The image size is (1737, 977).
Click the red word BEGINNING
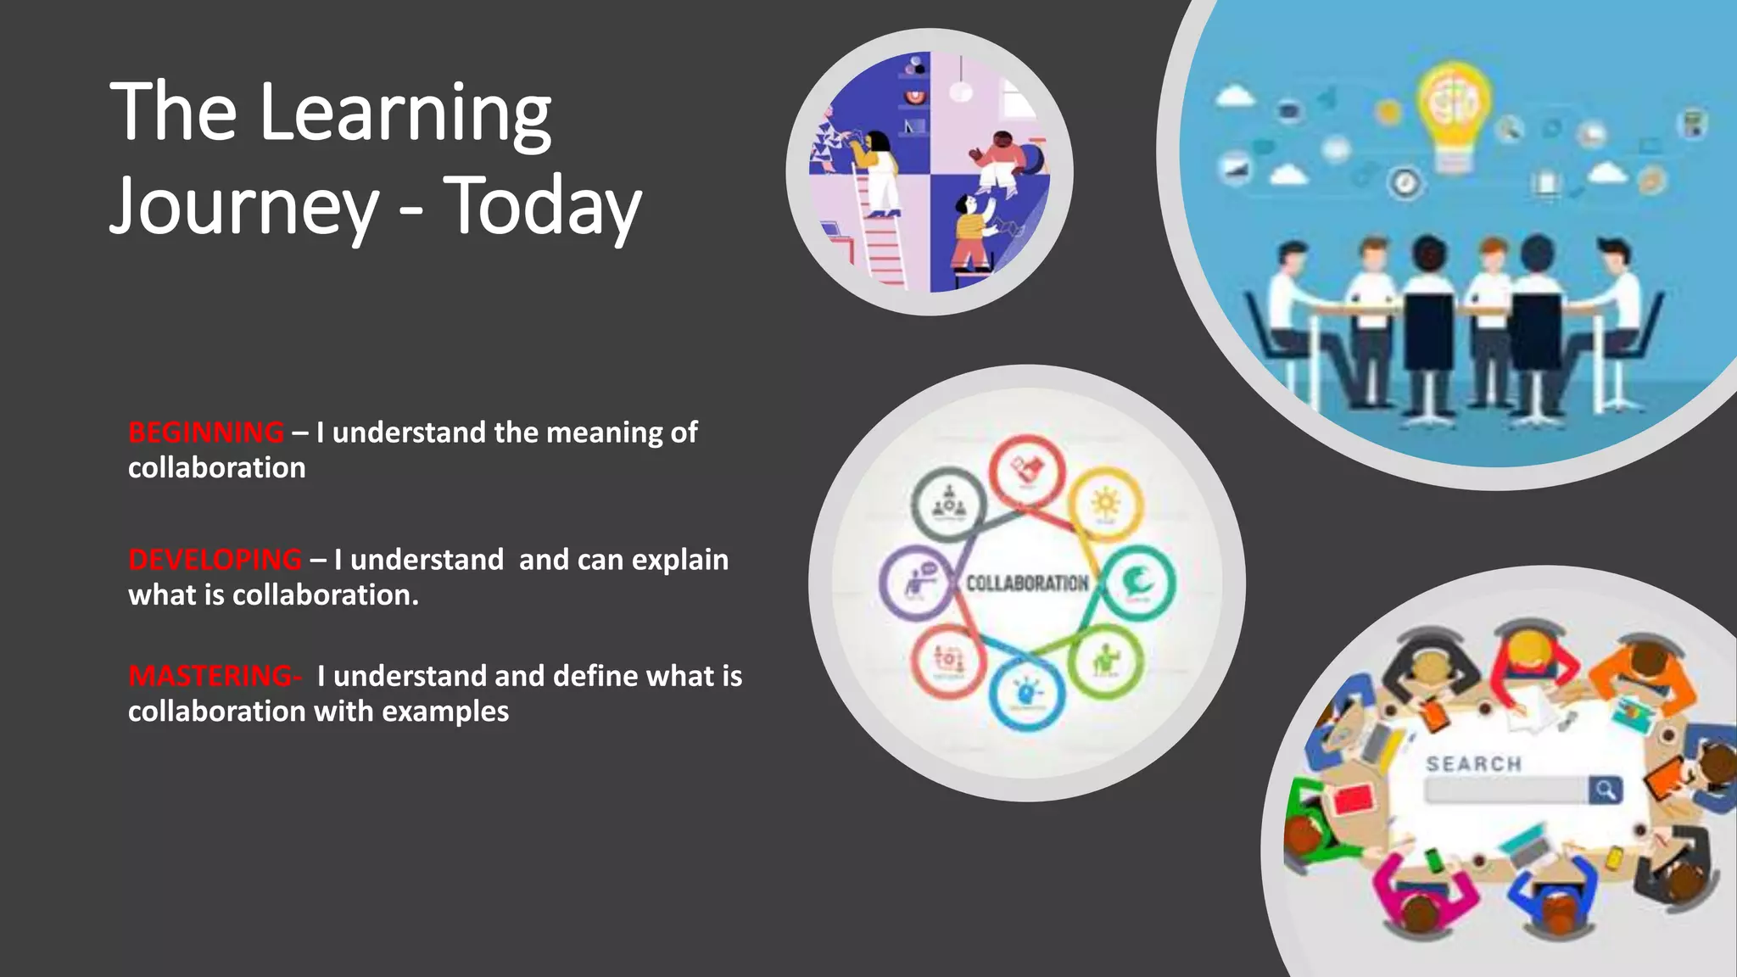(x=206, y=433)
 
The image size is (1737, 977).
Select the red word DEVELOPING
(x=215, y=560)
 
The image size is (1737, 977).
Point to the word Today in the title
(x=543, y=207)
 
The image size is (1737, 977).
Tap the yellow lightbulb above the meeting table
(x=1454, y=110)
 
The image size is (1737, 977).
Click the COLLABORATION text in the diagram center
(x=1027, y=583)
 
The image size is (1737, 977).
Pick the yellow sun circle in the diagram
(x=1105, y=505)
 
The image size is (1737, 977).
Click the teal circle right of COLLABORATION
(x=1137, y=583)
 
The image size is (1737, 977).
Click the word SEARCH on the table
(x=1474, y=764)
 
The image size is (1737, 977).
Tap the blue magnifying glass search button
(x=1605, y=790)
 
